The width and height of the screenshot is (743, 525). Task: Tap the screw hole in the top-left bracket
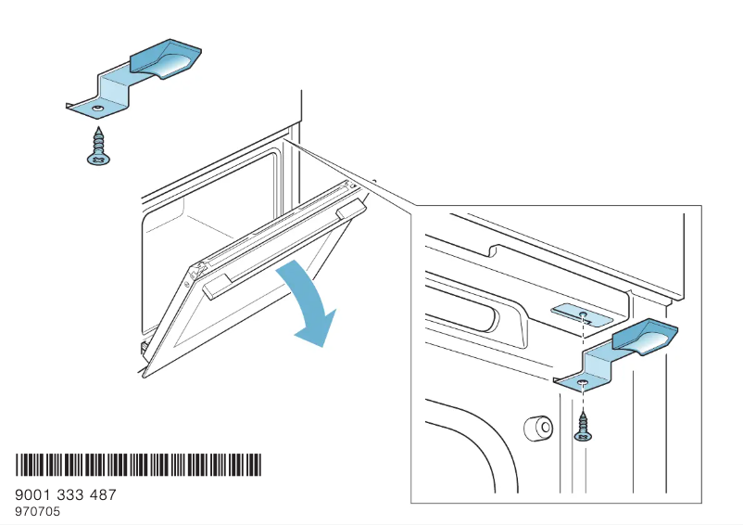[x=96, y=109]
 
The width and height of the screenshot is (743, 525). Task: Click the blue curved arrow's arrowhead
[x=315, y=331]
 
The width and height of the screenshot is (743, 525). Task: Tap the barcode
[x=138, y=466]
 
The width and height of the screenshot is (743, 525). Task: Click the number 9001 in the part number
[x=34, y=495]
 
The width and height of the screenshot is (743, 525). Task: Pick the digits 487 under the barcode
[x=104, y=495]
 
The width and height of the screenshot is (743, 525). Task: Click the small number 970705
[x=37, y=511]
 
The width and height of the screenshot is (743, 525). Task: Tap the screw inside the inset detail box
[x=582, y=426]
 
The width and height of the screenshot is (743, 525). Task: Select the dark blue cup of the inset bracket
[x=649, y=337]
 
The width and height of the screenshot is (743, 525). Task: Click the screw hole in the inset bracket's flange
[x=581, y=382]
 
